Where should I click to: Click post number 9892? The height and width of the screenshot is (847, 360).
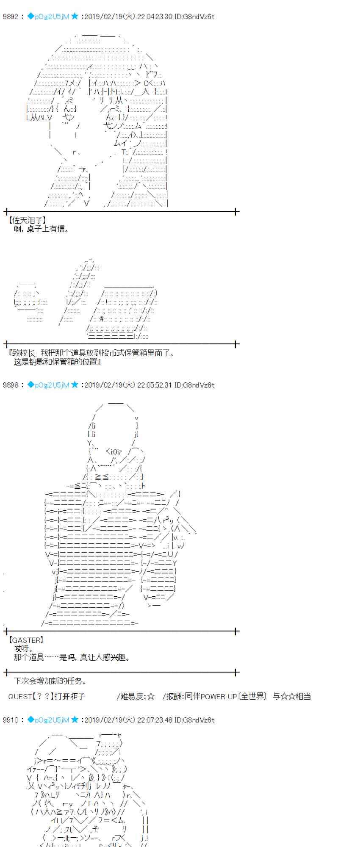(x=11, y=17)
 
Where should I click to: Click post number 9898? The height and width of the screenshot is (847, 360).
(x=11, y=385)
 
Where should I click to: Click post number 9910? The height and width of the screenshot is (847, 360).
(x=11, y=720)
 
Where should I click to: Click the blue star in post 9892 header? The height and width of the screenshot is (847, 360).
(x=75, y=17)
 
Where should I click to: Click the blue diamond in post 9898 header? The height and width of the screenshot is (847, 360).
(x=30, y=385)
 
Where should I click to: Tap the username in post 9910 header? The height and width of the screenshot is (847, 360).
(x=52, y=720)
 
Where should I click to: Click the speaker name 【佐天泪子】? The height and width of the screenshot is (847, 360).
(x=27, y=220)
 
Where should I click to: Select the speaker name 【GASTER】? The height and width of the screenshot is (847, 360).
(x=26, y=640)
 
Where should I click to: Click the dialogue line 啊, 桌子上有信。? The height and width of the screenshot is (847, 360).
(x=42, y=229)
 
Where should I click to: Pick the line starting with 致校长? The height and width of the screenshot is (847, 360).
(x=91, y=353)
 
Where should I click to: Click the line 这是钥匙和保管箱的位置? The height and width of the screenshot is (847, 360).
(x=57, y=362)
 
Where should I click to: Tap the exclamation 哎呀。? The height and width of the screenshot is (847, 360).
(x=24, y=649)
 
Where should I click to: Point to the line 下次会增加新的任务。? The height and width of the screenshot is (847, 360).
(x=50, y=681)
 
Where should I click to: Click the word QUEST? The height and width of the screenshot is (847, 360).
(x=20, y=696)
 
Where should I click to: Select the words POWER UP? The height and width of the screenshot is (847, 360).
(x=219, y=696)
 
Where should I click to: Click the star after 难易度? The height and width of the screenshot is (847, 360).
(x=151, y=696)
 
